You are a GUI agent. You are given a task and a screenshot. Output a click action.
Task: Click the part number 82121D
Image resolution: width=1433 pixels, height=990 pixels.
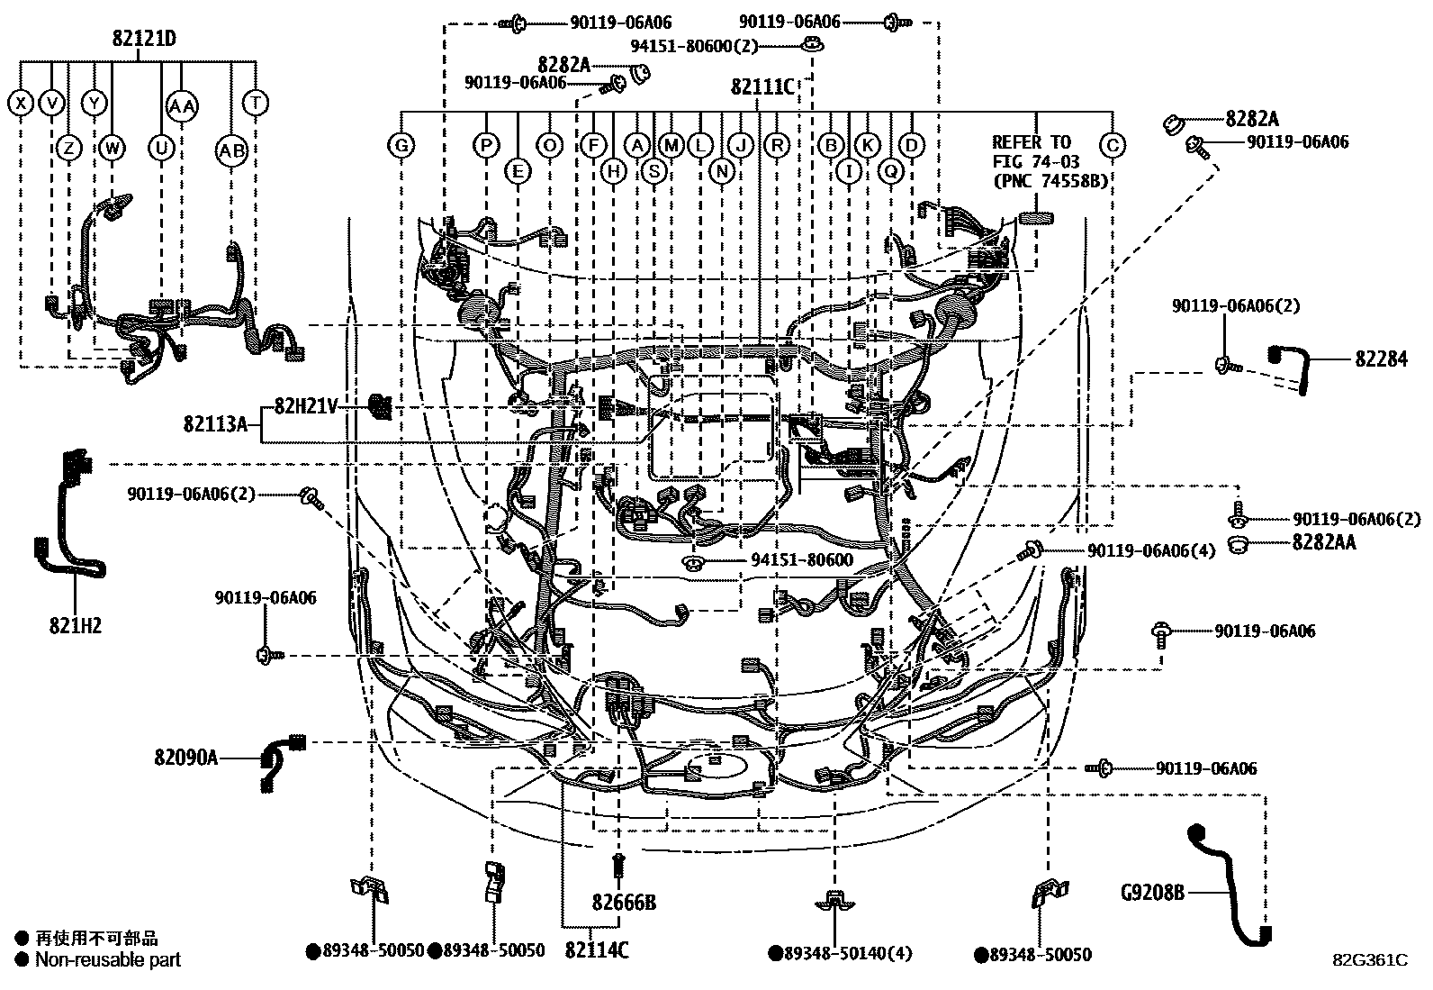click(144, 39)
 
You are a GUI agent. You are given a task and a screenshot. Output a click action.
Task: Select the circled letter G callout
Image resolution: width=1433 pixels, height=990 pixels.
click(401, 144)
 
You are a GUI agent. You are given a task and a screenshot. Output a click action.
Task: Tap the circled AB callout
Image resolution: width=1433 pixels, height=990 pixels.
click(232, 150)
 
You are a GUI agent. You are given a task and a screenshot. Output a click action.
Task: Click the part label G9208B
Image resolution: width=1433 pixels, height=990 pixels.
click(1151, 893)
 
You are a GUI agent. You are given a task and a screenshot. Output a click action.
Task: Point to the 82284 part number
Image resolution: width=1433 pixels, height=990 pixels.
click(1381, 359)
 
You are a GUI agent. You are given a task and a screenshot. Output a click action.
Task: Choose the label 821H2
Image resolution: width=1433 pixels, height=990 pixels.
click(76, 625)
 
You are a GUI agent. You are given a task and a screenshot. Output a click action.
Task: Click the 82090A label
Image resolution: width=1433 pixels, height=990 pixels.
click(185, 757)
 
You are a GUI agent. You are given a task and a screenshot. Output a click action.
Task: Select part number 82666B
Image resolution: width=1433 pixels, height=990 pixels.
click(624, 902)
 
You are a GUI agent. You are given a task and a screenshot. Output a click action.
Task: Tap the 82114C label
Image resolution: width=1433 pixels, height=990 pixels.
click(597, 950)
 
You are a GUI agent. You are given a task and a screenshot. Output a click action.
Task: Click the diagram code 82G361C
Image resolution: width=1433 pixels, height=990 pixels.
click(1370, 960)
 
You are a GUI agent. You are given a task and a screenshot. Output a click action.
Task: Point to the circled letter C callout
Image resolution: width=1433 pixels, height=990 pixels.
click(1113, 144)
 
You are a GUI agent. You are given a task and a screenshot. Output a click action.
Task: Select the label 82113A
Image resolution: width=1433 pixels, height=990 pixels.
click(215, 422)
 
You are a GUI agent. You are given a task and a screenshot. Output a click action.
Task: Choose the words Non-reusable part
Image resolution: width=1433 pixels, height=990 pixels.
click(108, 960)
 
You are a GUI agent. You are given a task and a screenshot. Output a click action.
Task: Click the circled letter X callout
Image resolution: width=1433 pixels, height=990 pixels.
click(20, 104)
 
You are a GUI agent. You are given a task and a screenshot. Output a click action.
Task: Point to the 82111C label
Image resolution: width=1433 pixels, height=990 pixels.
click(762, 87)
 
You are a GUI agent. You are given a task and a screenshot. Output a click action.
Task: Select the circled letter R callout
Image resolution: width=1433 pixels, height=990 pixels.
click(776, 144)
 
